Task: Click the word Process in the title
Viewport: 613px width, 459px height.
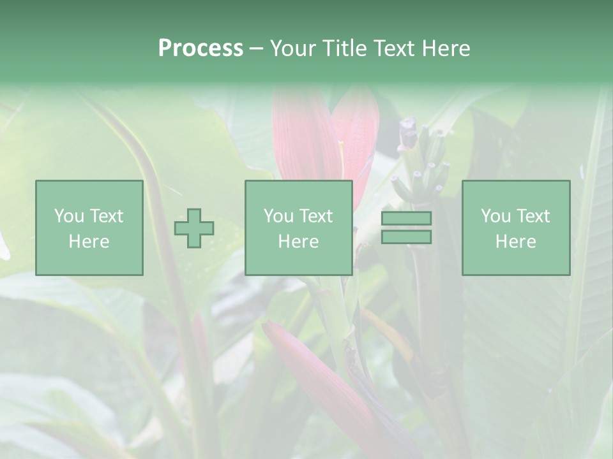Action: [201, 48]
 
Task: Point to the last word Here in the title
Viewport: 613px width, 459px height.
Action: [445, 48]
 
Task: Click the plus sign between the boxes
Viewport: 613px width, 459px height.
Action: [194, 228]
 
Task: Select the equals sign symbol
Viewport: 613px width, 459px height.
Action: [406, 228]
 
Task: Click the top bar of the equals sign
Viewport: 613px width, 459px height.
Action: [406, 219]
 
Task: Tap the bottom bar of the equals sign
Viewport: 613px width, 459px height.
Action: [406, 237]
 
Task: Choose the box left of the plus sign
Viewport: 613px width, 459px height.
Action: [89, 228]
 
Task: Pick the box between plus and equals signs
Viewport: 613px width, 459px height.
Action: [299, 228]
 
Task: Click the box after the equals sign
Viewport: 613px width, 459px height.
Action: [516, 228]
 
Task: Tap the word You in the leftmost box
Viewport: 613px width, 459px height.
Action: [68, 216]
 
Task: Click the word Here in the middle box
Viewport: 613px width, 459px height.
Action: [299, 241]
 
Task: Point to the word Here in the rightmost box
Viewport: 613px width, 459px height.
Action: [516, 241]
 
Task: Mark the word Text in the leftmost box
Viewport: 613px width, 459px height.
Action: [106, 216]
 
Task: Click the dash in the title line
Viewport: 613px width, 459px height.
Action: [256, 48]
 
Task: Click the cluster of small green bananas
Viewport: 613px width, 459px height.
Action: [419, 163]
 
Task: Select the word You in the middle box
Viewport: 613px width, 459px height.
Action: [278, 216]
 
